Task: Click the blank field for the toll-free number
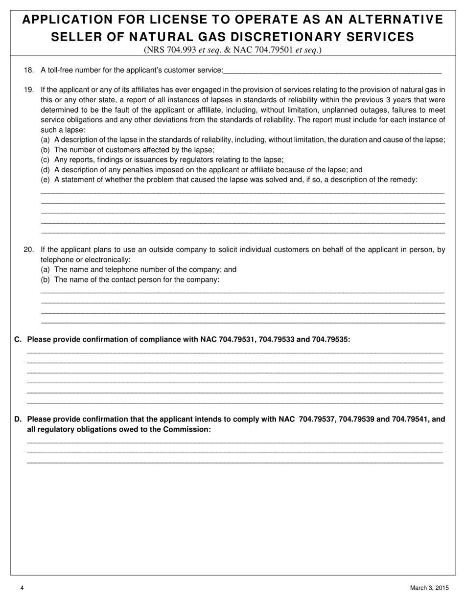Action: (332, 70)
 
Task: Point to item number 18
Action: (28, 70)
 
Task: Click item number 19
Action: (28, 90)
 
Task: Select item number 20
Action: (28, 250)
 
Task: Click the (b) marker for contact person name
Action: (45, 279)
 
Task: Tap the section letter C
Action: (18, 339)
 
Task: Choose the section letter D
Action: (18, 419)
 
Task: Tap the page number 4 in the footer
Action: (23, 588)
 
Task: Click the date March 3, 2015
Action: (429, 588)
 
